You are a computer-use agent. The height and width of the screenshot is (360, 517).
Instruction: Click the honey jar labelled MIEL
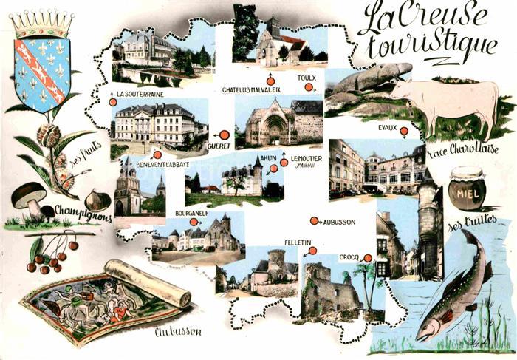click(467, 189)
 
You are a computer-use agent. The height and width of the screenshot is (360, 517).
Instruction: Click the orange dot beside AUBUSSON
click(313, 221)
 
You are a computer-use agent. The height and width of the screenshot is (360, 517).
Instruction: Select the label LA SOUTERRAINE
click(140, 95)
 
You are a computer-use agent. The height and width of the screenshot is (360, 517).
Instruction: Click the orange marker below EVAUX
click(404, 132)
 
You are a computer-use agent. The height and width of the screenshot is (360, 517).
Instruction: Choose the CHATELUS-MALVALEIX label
click(252, 90)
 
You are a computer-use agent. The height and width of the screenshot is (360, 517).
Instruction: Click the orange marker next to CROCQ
click(367, 257)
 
